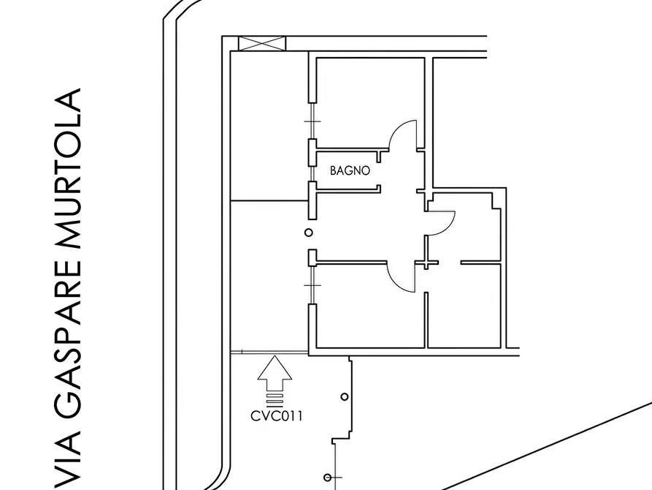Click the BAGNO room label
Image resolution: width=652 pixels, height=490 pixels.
(350, 170)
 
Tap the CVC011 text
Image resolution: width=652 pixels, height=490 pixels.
(277, 416)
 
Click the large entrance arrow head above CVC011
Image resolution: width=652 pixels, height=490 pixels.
(275, 368)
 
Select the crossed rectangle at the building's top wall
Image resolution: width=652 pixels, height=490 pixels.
(262, 44)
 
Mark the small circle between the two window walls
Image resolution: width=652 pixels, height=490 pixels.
(309, 233)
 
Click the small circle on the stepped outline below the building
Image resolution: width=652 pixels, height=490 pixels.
(345, 396)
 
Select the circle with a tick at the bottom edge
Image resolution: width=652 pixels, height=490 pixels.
(328, 477)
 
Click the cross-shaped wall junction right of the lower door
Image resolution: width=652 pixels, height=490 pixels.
(426, 263)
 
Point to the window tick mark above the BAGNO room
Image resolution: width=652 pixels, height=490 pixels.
(312, 121)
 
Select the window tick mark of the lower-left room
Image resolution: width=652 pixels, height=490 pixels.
(312, 285)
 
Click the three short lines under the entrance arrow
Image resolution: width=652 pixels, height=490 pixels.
(275, 399)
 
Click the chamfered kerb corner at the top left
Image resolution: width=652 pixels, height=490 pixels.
(180, 10)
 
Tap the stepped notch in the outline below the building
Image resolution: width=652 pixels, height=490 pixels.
(342, 435)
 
